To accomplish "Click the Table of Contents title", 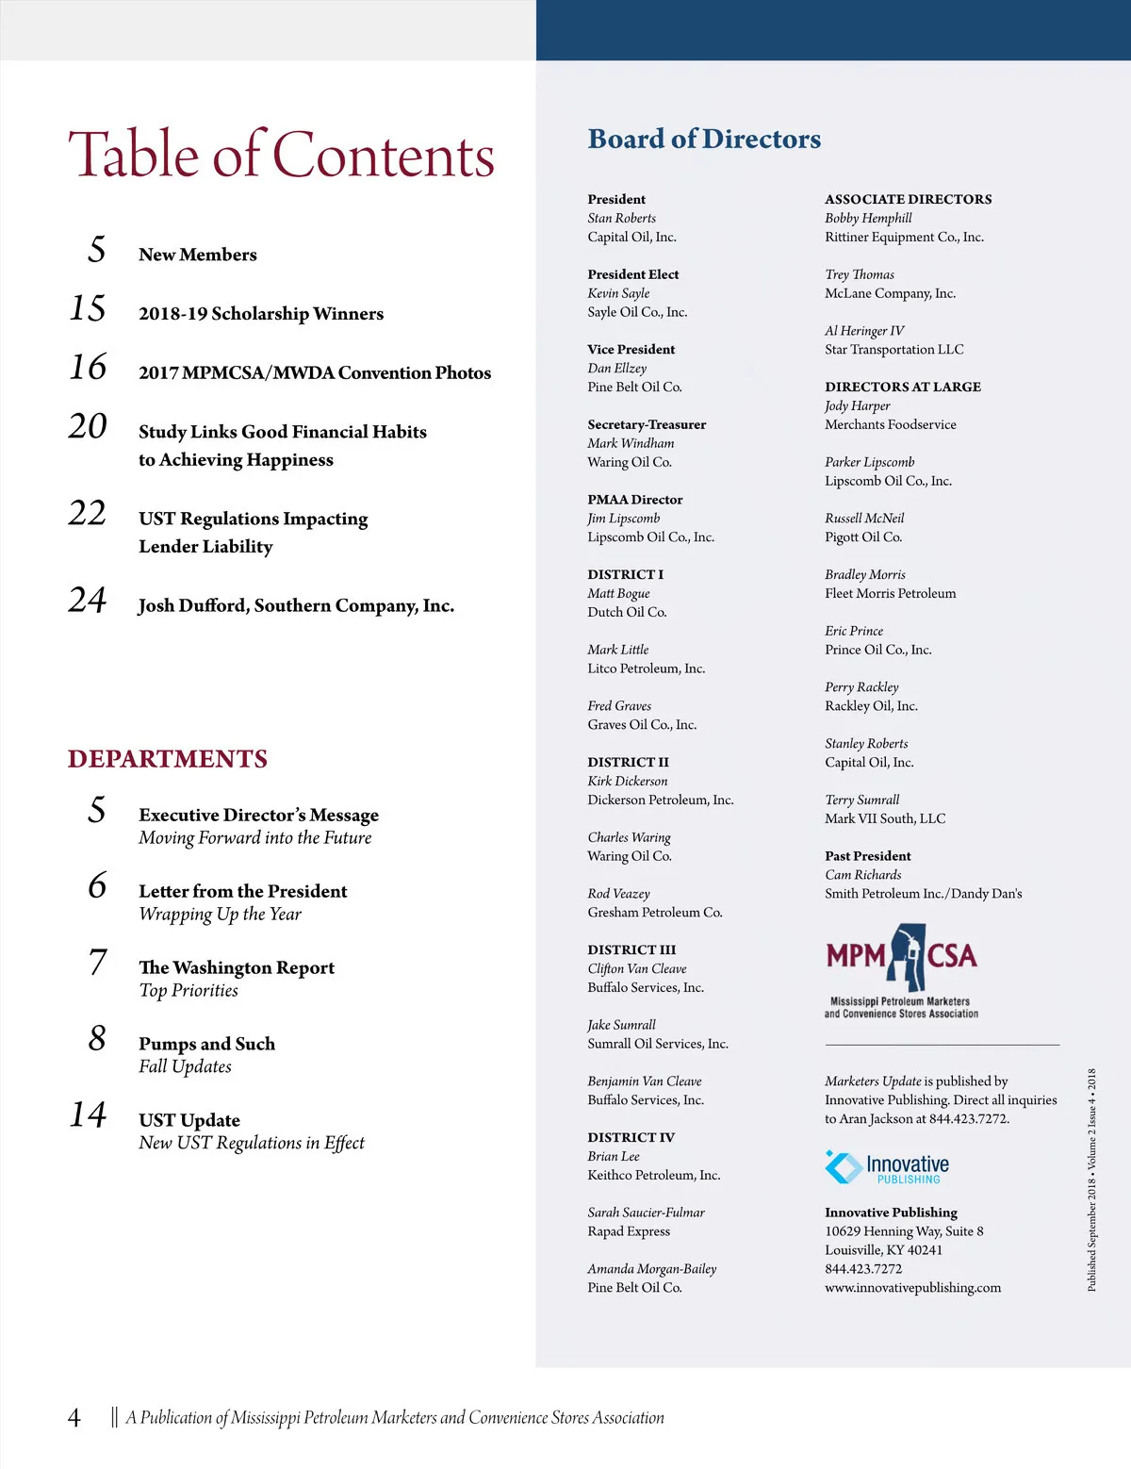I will point(281,155).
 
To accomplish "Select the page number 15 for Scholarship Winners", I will point(88,309).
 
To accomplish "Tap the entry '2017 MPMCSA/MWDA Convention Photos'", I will point(315,372).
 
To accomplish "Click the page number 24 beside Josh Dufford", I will point(88,601).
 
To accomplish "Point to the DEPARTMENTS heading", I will point(168,759).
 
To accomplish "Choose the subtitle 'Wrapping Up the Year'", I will point(220,914).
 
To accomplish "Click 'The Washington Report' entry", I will point(237,967).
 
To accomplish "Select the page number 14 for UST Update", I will point(88,1115).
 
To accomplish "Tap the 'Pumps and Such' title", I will point(206,1044).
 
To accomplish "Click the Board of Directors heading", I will point(704,140).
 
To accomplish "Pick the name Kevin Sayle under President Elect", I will point(618,293).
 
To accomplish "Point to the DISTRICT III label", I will point(631,949).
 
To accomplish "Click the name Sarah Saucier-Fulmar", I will point(646,1213).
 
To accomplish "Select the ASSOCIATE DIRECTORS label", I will point(908,199).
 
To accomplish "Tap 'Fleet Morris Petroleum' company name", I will point(890,593).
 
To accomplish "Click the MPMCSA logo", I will point(901,971).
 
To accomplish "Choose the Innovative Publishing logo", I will point(887,1167).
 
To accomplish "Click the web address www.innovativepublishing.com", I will point(912,1288).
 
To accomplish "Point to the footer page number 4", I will point(74,1417).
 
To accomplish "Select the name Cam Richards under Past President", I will point(862,875).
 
